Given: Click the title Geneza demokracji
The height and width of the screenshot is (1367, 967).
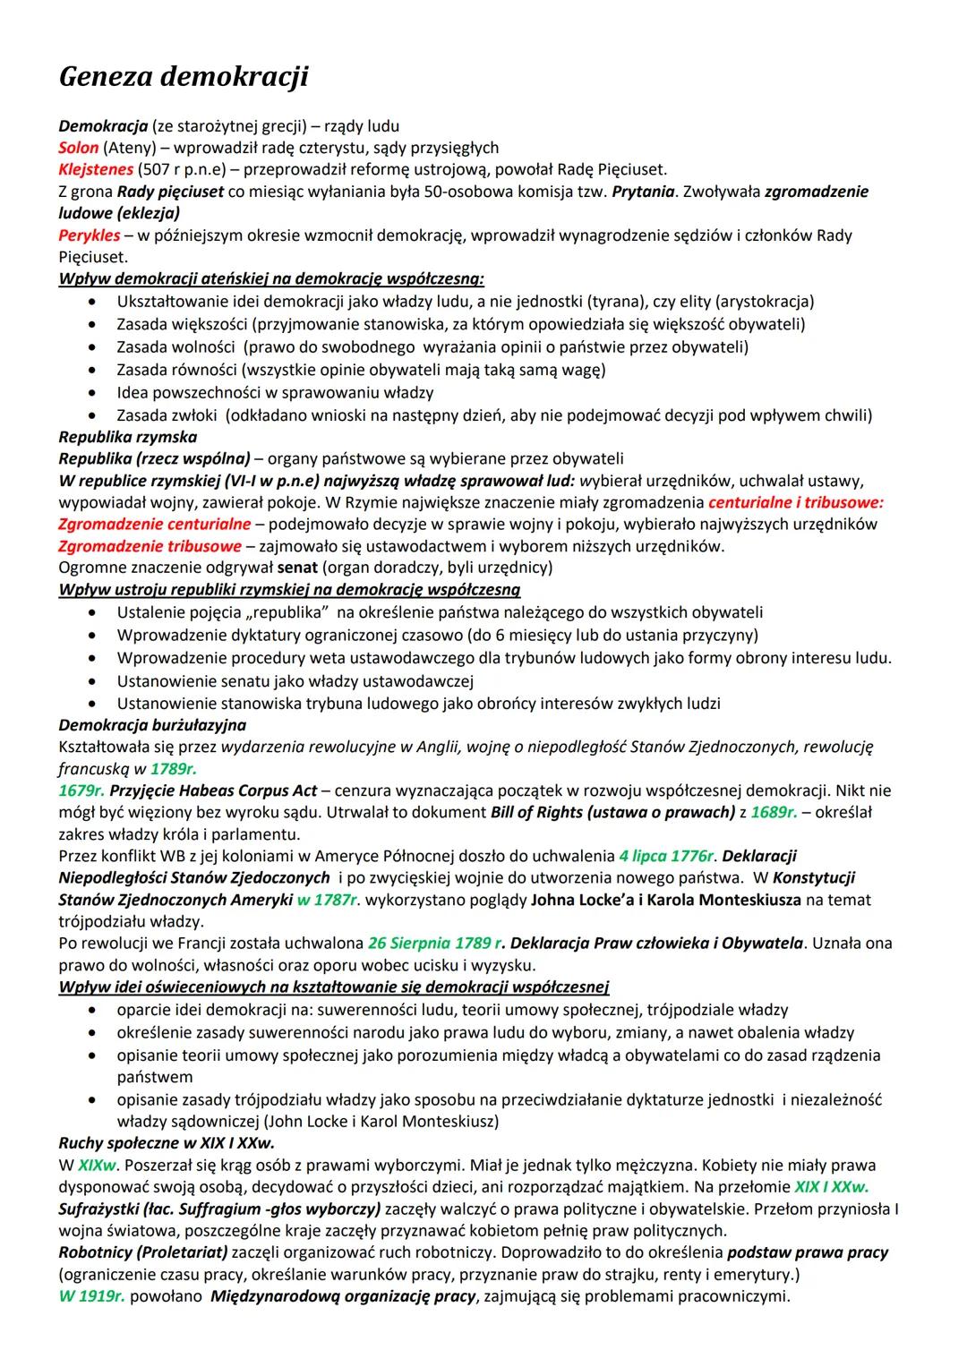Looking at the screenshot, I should tap(184, 77).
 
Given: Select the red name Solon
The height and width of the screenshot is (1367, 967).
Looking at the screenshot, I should tap(78, 148).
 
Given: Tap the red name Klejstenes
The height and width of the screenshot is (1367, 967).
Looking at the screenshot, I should tap(96, 169).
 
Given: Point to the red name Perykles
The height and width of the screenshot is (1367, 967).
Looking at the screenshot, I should tap(89, 235).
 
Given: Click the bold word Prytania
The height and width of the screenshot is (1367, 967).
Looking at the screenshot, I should tap(642, 192).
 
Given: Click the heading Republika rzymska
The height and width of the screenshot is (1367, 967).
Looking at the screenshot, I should tap(127, 437).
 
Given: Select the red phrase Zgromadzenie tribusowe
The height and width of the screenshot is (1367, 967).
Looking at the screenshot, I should tap(150, 546).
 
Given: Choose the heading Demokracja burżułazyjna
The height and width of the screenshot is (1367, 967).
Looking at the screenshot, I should tap(152, 724).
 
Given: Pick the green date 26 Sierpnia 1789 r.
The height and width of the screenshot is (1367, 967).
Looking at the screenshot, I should tap(435, 944).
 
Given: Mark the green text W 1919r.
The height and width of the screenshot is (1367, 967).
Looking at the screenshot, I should tap(91, 1296).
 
